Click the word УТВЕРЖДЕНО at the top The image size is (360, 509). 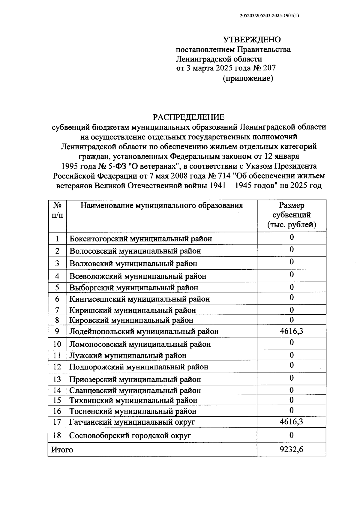[252, 40]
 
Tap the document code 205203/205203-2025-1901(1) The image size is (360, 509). [270, 17]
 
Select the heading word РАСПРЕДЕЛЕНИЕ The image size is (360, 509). [188, 117]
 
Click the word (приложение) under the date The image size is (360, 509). [248, 79]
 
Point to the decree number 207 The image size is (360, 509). [269, 68]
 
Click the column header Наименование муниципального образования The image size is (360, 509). [162, 206]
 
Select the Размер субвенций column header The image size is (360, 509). [291, 215]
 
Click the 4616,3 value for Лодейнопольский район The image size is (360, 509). [291, 331]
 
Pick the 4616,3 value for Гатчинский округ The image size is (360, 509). [291, 422]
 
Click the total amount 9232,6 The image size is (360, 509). [291, 449]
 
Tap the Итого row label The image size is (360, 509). [62, 450]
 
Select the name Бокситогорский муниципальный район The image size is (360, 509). [141, 239]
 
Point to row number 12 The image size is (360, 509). [57, 367]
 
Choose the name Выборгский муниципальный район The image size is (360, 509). [134, 288]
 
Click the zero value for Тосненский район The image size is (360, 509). [291, 410]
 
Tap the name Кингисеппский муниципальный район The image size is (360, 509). [139, 299]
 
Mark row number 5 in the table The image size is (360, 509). [57, 288]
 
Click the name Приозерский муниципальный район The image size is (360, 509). [135, 379]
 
